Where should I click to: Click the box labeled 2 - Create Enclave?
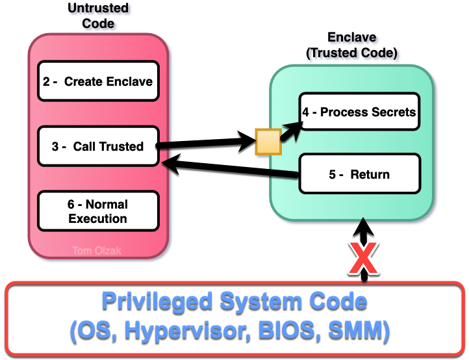pyautogui.click(x=98, y=81)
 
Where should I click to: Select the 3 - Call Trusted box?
pyautogui.click(x=98, y=146)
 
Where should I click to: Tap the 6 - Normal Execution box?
pyautogui.click(x=98, y=211)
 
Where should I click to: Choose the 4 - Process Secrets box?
pyautogui.click(x=359, y=112)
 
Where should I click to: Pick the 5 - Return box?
pyautogui.click(x=359, y=174)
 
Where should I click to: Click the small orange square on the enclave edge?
pyautogui.click(x=268, y=142)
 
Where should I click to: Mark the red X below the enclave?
pyautogui.click(x=364, y=257)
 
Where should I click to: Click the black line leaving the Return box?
pyautogui.click(x=273, y=172)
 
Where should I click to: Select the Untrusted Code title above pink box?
pyautogui.click(x=98, y=16)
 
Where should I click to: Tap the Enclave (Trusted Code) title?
pyautogui.click(x=353, y=46)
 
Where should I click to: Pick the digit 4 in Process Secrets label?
pyautogui.click(x=305, y=112)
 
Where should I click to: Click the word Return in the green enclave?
pyautogui.click(x=370, y=174)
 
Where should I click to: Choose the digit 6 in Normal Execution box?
pyautogui.click(x=71, y=205)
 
